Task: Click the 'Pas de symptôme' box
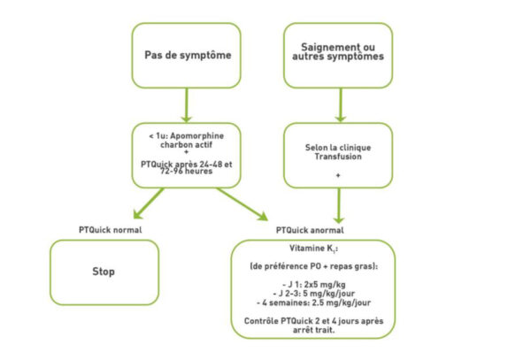pos(186,56)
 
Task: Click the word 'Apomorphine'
pos(199,134)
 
